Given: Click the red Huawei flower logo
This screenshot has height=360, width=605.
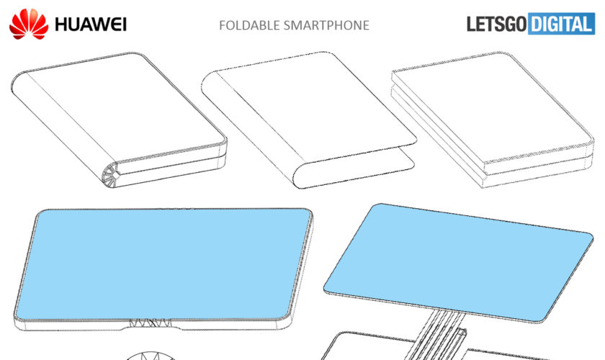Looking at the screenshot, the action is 29,24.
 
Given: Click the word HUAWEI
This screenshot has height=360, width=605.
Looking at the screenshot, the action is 91,24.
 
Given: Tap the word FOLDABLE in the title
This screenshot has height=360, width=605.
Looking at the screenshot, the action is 249,25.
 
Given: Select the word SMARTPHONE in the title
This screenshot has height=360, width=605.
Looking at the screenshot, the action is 326,25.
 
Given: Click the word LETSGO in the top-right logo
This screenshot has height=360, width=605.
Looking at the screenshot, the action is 496,24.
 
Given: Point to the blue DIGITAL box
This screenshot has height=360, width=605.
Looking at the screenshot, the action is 561,24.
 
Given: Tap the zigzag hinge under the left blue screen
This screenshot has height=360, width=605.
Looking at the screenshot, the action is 151,323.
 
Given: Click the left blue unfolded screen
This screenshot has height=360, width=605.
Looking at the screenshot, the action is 163,264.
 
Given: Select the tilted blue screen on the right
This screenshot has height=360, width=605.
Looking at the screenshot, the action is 458,262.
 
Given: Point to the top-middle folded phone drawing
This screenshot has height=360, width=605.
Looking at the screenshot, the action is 309,120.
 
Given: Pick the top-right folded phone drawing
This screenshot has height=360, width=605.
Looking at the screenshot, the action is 493,120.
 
